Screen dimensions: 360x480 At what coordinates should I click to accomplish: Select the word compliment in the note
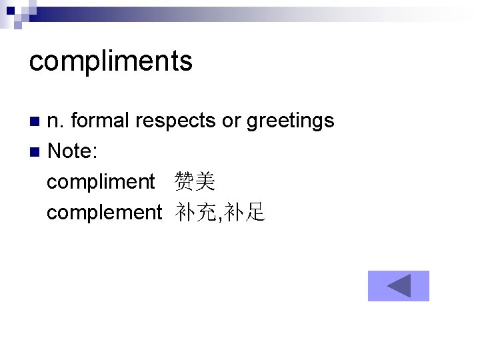(x=101, y=182)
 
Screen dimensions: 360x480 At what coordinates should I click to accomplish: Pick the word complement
(x=104, y=213)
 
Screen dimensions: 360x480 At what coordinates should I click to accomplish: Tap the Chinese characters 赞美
(x=195, y=181)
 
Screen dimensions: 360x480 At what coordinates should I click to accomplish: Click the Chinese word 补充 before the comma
(x=196, y=213)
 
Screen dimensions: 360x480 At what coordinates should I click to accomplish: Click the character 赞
(x=185, y=181)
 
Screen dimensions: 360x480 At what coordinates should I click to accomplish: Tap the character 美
(x=205, y=181)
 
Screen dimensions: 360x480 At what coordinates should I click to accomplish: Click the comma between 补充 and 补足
(x=220, y=216)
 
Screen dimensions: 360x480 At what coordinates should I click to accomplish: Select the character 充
(x=207, y=213)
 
